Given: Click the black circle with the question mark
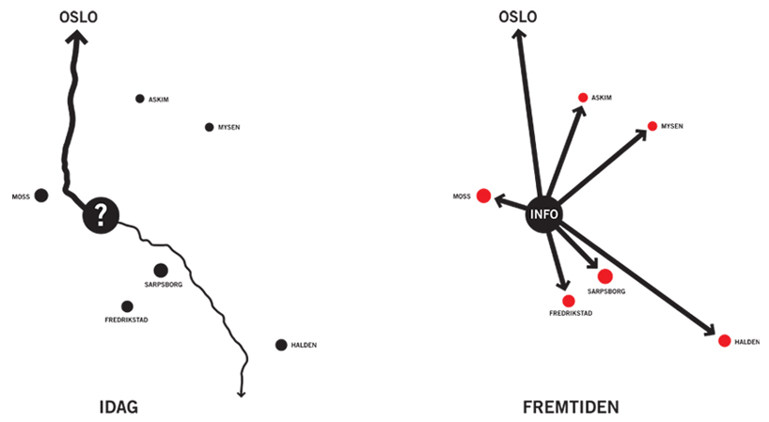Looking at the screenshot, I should [x=102, y=215].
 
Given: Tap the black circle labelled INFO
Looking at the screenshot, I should [x=544, y=214].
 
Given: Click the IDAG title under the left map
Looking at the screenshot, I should [x=118, y=407].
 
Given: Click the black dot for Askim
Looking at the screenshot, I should [x=140, y=99].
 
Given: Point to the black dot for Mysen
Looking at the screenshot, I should [x=210, y=127].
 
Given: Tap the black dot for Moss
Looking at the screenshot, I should [x=41, y=196].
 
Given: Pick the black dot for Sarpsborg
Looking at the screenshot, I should [x=161, y=270].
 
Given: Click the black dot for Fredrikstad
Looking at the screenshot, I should [x=127, y=306].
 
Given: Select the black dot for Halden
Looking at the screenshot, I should [x=281, y=345].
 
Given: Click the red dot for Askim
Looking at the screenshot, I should [x=583, y=98].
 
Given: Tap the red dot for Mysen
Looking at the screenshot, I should [x=652, y=126].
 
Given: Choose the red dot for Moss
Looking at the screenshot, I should [x=483, y=195].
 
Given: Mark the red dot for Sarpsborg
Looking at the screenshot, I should [x=604, y=275].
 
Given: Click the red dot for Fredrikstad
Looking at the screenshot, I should [x=569, y=301].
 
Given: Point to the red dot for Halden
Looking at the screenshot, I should [x=724, y=340].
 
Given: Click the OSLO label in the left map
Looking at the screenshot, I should [x=78, y=16].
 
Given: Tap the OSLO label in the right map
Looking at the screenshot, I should [x=518, y=16].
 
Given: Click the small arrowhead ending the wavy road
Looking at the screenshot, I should [x=242, y=392].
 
